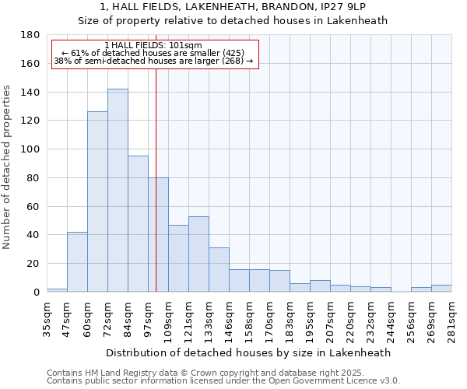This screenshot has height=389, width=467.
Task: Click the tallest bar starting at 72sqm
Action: [118, 191]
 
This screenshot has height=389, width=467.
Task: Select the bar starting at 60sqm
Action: [97, 202]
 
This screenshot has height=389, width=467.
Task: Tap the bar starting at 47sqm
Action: [77, 261]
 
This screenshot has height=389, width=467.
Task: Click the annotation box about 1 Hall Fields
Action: [153, 53]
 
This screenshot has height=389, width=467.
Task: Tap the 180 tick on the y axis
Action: [31, 36]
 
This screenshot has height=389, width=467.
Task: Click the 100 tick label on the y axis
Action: [31, 149]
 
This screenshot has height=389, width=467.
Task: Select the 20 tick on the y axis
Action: [34, 264]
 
